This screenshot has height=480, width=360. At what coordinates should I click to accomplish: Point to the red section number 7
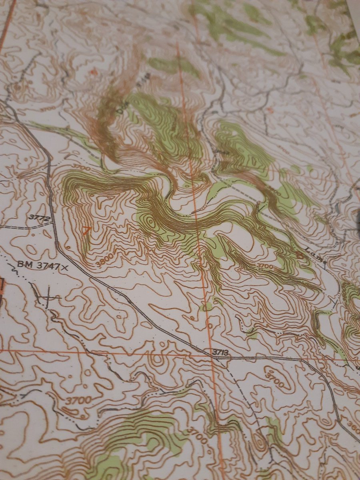(86, 231)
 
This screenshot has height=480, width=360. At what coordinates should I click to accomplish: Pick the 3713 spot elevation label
(220, 352)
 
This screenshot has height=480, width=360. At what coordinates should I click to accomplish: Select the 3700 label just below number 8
(264, 265)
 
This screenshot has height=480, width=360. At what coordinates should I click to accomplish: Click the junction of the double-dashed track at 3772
(52, 222)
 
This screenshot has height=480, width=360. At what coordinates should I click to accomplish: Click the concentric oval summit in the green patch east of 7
(151, 221)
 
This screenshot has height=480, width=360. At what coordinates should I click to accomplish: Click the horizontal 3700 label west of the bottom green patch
(78, 400)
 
